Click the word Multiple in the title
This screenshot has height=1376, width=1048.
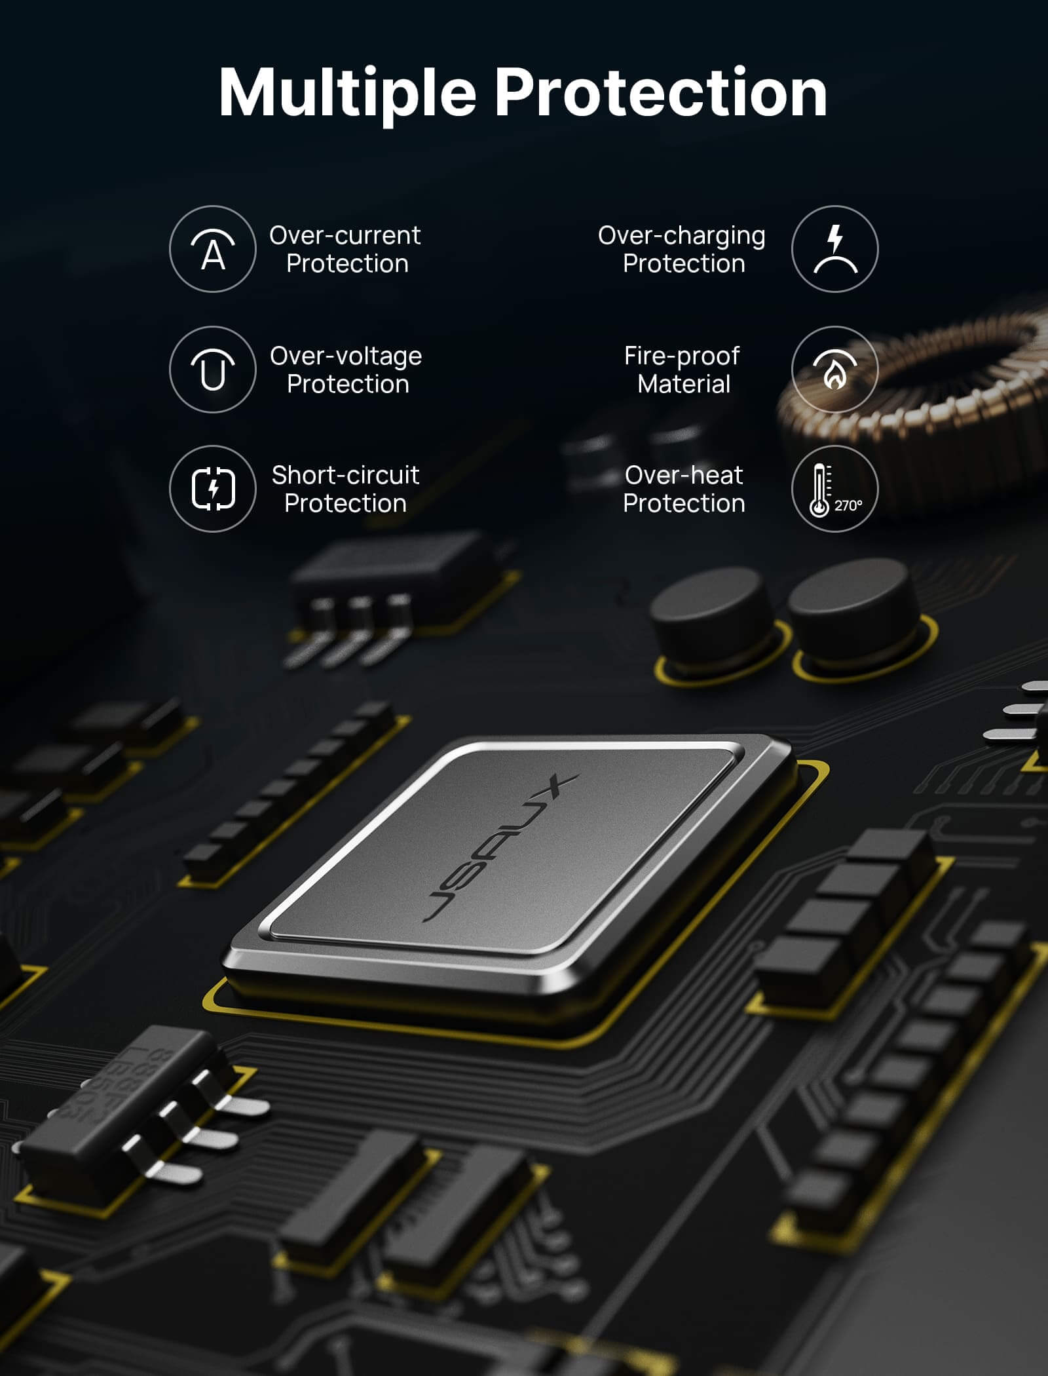tap(347, 93)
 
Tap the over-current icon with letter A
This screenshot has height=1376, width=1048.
tap(213, 249)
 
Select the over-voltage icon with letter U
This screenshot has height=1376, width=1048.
tap(213, 370)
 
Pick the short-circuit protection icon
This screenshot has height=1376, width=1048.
tap(213, 489)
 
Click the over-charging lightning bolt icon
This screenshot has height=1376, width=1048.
tap(834, 249)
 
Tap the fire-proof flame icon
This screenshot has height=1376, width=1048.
tap(834, 370)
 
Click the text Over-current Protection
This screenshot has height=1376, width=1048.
tap(345, 250)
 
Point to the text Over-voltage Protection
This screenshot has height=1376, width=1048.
tap(346, 370)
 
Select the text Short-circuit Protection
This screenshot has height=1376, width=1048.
tap(346, 489)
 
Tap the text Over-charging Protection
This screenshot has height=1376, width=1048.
tap(682, 250)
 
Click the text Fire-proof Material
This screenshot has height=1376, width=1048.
tap(683, 370)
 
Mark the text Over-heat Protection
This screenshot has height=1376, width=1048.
tap(684, 489)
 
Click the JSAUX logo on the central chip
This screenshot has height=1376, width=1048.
tap(501, 849)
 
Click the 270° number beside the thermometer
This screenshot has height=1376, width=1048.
tap(848, 506)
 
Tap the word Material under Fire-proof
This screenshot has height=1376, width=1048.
tap(684, 384)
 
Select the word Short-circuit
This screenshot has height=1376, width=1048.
tap(346, 475)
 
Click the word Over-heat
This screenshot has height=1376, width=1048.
tap(684, 475)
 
